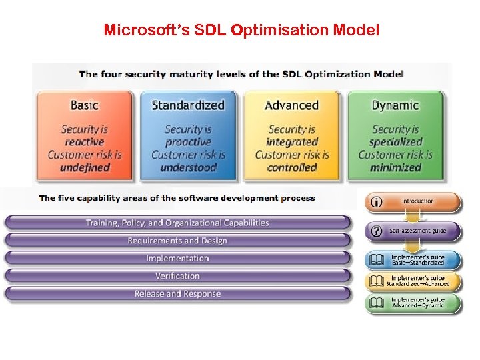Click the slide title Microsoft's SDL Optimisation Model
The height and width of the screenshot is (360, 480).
(241, 31)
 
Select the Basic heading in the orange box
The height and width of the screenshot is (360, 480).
(84, 105)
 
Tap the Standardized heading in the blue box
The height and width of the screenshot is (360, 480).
(188, 105)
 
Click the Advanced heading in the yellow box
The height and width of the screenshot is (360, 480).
(291, 105)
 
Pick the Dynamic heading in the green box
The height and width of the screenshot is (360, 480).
(395, 105)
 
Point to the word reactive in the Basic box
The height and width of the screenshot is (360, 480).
(84, 142)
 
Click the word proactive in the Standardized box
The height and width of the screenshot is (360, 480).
(188, 142)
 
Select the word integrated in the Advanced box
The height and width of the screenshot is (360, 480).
(291, 142)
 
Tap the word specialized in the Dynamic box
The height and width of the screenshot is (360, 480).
(395, 142)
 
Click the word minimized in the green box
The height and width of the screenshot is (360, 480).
(395, 167)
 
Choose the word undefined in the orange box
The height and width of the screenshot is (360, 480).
(84, 167)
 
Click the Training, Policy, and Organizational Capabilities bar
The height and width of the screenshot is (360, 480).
(177, 223)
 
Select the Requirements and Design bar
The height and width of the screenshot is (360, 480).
(177, 241)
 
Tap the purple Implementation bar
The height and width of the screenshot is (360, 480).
(177, 259)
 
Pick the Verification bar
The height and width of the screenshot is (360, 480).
(177, 276)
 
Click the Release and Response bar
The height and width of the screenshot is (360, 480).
(177, 294)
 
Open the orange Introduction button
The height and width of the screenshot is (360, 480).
(413, 201)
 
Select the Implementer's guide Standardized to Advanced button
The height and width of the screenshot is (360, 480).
(413, 281)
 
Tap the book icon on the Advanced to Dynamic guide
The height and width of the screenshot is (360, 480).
(377, 303)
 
